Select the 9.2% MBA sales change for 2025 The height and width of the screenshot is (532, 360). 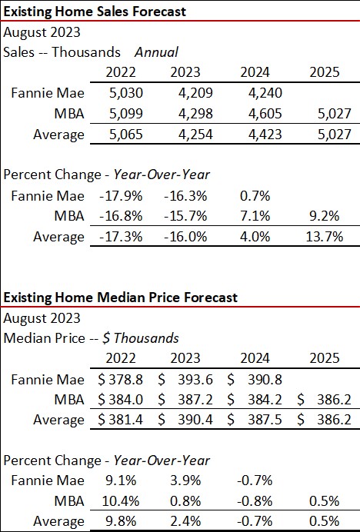click(323, 215)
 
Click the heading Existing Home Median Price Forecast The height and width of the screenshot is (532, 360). click(121, 297)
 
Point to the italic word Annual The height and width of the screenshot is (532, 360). click(156, 52)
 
